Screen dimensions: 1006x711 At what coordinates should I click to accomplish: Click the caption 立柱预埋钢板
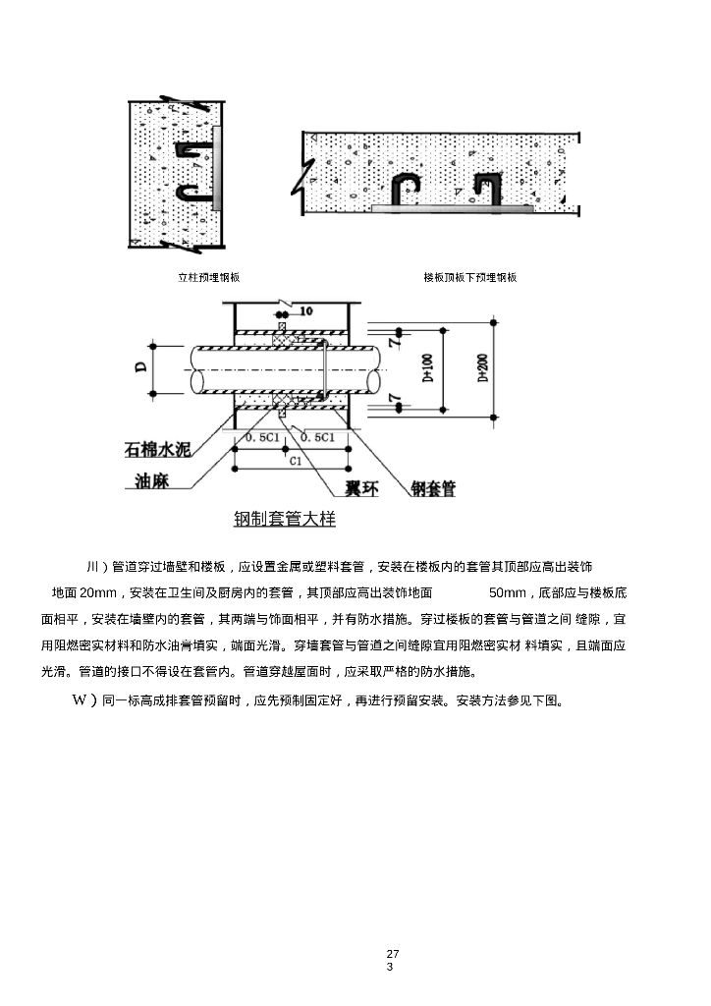tap(208, 278)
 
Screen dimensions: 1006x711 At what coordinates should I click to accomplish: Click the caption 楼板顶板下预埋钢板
tap(469, 278)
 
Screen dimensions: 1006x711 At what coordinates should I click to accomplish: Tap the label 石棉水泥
tap(157, 451)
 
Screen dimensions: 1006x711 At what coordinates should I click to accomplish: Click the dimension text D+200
tap(482, 366)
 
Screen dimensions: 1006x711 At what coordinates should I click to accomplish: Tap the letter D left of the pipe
tap(141, 366)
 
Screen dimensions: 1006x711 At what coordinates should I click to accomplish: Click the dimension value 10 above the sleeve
tap(305, 311)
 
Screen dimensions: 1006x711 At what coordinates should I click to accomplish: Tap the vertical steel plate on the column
tap(217, 168)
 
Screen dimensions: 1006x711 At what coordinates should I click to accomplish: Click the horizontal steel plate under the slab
tap(453, 208)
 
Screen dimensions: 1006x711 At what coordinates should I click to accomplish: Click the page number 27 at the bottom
tap(393, 954)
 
